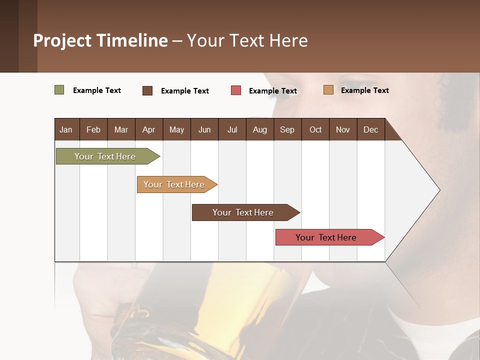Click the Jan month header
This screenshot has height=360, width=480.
tap(66, 129)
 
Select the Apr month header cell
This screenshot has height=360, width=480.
tap(148, 129)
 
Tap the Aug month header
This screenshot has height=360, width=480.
tap(259, 129)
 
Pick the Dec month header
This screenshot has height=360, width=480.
tap(370, 129)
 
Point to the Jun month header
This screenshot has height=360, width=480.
tap(204, 129)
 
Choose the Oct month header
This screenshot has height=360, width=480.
tap(315, 129)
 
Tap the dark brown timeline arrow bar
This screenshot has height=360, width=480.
tap(243, 212)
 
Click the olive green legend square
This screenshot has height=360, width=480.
tap(59, 90)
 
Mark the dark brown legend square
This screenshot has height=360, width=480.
tap(147, 90)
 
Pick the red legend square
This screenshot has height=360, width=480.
tap(236, 90)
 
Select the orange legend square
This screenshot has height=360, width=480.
tap(328, 90)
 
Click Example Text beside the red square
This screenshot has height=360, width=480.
tap(272, 90)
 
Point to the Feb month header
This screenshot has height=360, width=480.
tap(93, 129)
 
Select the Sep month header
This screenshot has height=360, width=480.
tap(287, 129)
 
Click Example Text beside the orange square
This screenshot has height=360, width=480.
tap(364, 90)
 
